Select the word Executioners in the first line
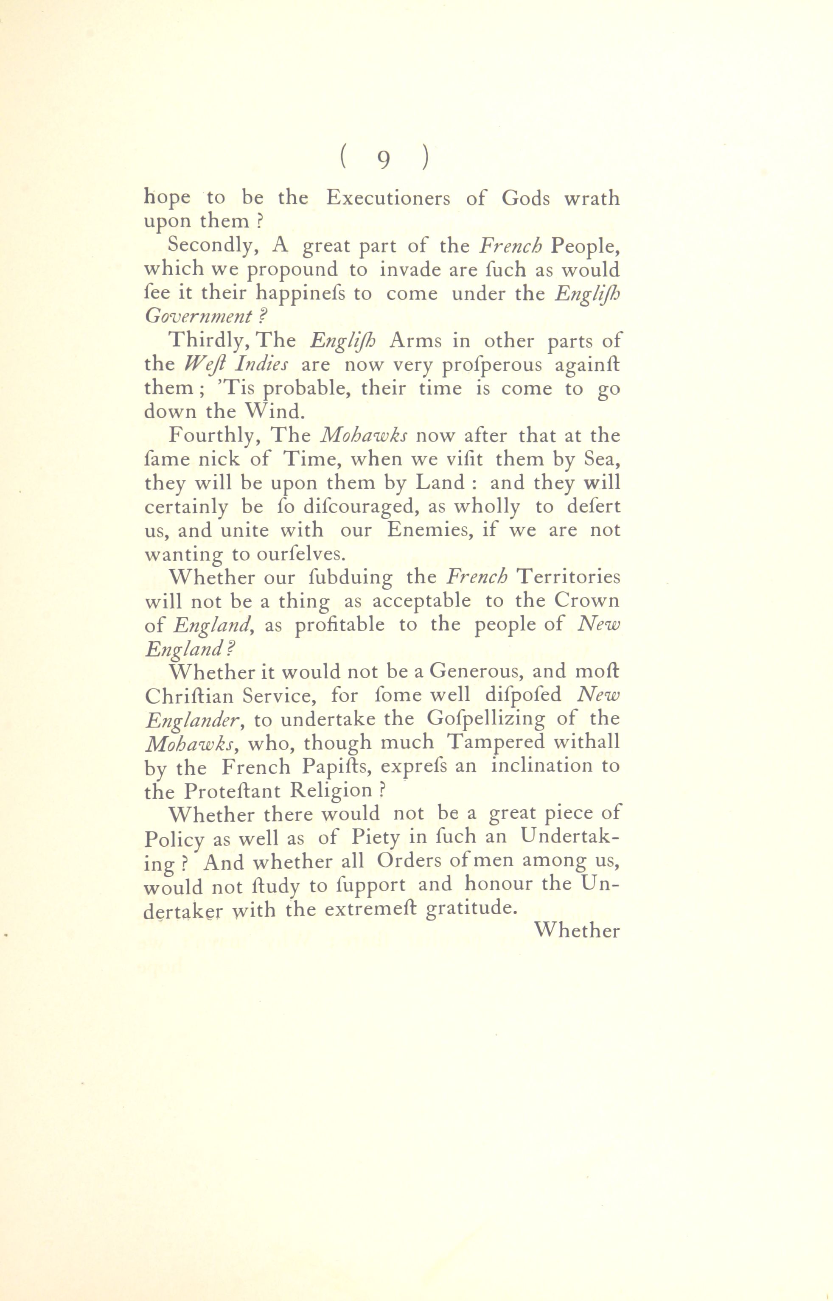(388, 199)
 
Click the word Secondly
(214, 246)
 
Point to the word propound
(292, 270)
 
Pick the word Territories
(568, 577)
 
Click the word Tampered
(502, 743)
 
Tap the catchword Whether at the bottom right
(577, 931)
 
